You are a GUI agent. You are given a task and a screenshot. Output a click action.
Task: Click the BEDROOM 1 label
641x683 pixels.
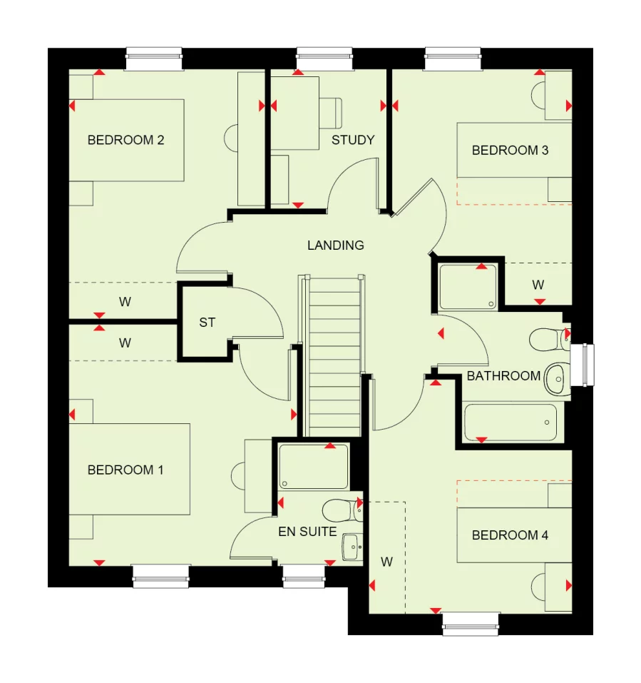125,470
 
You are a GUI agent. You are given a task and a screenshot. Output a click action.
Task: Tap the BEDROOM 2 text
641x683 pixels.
125,140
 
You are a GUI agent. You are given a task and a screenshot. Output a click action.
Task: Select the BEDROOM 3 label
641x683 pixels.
510,150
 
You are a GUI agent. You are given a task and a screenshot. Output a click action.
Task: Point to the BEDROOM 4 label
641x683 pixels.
510,535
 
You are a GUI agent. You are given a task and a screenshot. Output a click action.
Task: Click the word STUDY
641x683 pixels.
353,140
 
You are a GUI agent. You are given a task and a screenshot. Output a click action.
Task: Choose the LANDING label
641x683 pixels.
335,245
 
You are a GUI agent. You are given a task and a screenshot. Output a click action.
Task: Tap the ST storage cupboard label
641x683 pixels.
207,323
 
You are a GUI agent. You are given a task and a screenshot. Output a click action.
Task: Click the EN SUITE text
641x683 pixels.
307,531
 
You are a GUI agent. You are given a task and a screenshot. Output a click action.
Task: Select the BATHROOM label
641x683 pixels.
503,375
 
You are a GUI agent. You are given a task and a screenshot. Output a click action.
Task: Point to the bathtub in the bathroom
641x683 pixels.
510,423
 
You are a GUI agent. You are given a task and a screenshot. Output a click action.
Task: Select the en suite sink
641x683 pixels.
352,547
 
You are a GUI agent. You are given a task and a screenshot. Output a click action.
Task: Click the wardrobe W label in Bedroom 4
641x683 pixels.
386,562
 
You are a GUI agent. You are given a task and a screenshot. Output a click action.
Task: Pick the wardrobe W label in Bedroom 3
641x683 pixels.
538,284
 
